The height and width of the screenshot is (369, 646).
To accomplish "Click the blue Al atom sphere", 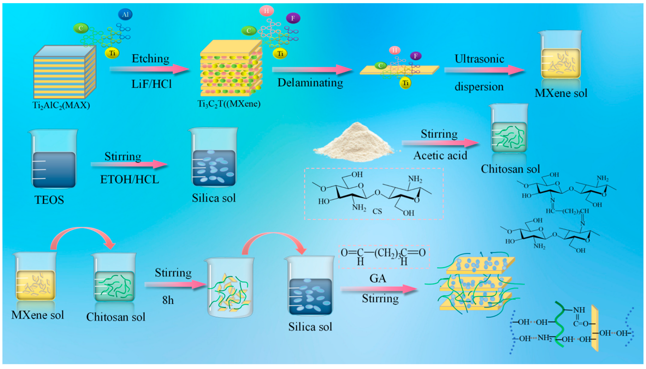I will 125,14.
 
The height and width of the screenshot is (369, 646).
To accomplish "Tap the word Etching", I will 150,59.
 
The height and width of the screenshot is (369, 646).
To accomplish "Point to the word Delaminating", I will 310,83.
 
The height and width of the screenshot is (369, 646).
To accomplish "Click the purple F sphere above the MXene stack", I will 293,18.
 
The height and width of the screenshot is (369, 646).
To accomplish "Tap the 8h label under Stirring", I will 168,301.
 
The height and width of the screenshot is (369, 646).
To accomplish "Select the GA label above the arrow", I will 378,279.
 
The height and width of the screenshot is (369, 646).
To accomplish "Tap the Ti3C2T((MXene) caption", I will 229,104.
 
